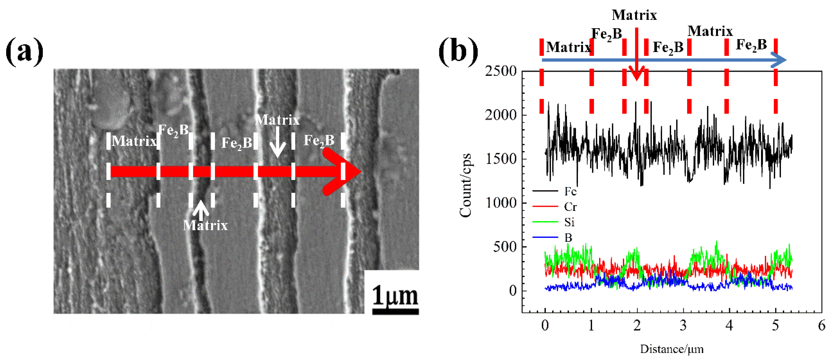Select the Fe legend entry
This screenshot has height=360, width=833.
click(x=570, y=192)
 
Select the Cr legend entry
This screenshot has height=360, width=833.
click(x=570, y=207)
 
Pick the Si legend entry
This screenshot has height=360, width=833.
click(x=569, y=222)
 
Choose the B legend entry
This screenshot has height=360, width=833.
click(x=568, y=238)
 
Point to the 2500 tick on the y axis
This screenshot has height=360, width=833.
click(x=501, y=71)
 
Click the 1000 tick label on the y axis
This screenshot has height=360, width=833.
click(x=501, y=203)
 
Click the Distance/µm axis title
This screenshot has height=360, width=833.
click(x=672, y=349)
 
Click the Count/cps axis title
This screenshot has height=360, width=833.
click(x=466, y=186)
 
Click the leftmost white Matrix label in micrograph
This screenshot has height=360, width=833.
click(x=134, y=141)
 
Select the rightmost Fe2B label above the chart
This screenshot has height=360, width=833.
click(x=751, y=45)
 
